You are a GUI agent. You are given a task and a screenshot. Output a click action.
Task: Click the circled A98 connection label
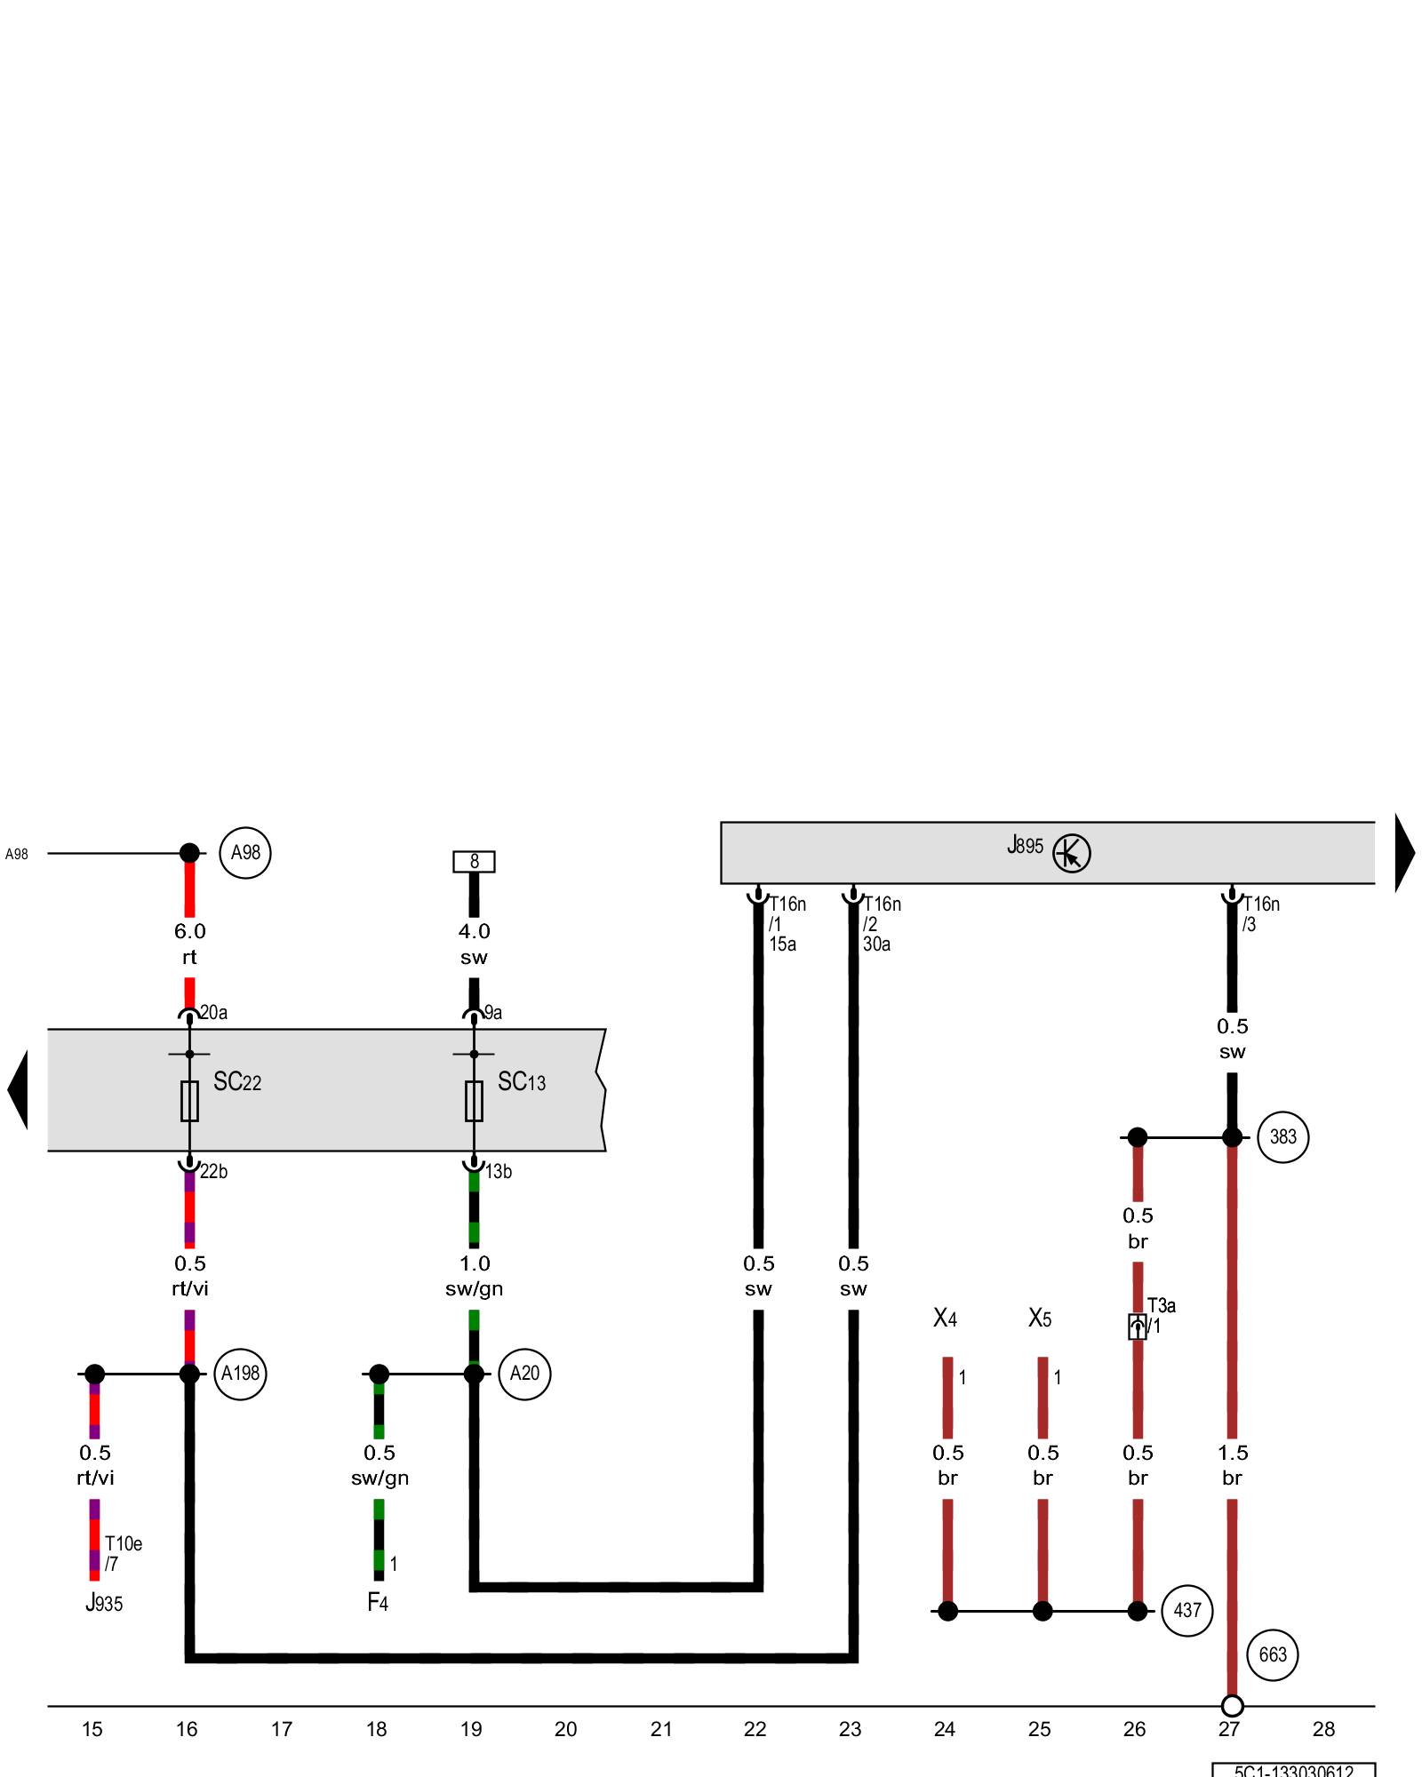click(x=245, y=853)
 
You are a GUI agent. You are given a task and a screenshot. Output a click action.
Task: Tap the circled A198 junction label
click(x=240, y=1374)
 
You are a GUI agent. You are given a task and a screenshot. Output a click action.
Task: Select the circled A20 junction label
click(x=524, y=1374)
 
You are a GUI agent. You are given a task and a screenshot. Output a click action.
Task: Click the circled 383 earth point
click(x=1282, y=1136)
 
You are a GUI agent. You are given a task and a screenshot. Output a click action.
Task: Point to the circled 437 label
click(x=1186, y=1611)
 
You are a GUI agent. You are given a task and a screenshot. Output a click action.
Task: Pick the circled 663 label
click(x=1273, y=1654)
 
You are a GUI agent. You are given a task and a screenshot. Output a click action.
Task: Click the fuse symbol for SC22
click(x=189, y=1101)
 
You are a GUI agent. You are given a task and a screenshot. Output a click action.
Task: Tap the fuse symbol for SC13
click(x=474, y=1101)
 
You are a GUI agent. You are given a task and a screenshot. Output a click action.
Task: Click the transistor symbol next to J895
click(x=1071, y=854)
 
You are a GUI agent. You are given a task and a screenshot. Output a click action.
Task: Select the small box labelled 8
click(x=474, y=861)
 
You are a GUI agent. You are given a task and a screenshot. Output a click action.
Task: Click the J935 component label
click(x=104, y=1603)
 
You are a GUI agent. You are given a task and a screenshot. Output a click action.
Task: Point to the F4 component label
click(x=378, y=1602)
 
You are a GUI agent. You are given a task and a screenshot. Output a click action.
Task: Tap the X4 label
click(x=945, y=1319)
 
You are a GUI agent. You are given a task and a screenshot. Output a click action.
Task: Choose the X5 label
click(x=1040, y=1319)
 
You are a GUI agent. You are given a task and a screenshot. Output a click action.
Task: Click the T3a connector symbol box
click(x=1137, y=1327)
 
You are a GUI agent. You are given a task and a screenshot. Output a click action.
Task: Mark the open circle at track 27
click(x=1232, y=1706)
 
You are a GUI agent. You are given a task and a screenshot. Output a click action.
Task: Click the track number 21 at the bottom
click(x=660, y=1730)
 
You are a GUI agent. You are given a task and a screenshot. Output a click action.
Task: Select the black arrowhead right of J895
click(x=1404, y=853)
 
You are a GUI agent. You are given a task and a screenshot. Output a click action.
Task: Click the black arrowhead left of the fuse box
click(x=18, y=1089)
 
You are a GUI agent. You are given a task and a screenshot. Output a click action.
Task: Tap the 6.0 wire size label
click(x=189, y=931)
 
